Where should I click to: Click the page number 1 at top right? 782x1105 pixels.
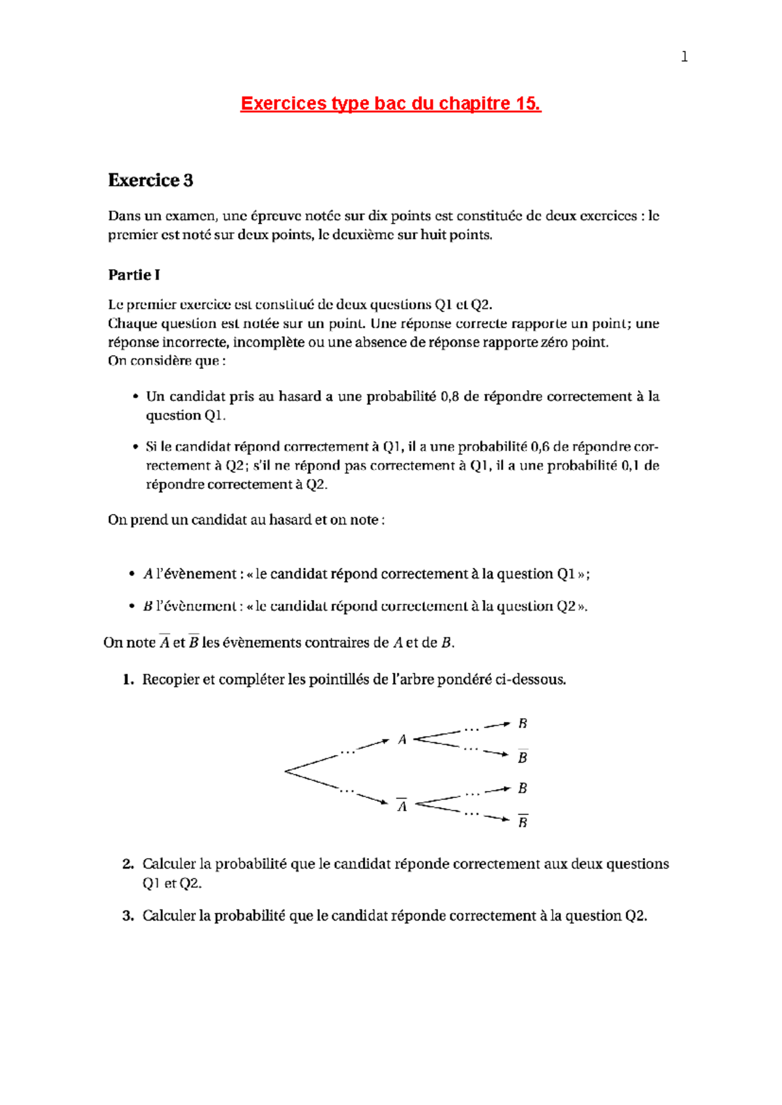(x=684, y=57)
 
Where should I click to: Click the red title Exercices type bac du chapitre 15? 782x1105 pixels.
(x=390, y=104)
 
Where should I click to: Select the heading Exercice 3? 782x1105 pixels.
(x=151, y=180)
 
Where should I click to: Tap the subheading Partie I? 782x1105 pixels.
(x=134, y=275)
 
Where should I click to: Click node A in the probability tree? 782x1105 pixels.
(x=402, y=740)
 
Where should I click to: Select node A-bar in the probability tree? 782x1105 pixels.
(x=402, y=807)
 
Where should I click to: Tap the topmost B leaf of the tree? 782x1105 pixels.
(x=523, y=724)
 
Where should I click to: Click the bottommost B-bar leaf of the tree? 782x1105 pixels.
(x=523, y=822)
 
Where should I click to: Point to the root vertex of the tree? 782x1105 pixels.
(x=285, y=771)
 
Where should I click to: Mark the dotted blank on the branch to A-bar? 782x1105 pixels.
(x=347, y=791)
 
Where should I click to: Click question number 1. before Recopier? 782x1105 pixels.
(x=128, y=680)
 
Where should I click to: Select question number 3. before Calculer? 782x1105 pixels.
(x=128, y=916)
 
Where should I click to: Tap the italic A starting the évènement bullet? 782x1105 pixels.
(x=148, y=574)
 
